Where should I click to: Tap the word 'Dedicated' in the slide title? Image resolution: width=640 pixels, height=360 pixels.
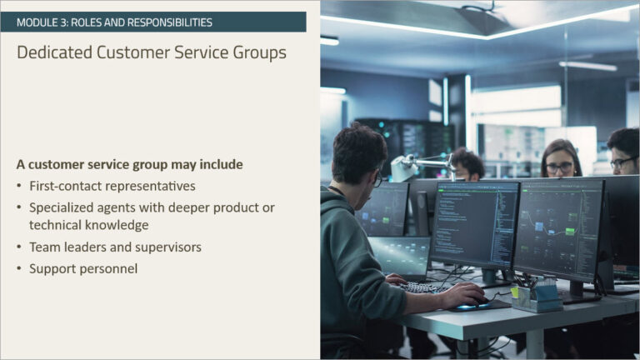tap(53, 52)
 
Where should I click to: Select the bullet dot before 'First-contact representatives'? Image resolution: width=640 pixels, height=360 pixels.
tap(19, 186)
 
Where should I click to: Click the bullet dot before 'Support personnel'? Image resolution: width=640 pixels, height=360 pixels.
tap(19, 269)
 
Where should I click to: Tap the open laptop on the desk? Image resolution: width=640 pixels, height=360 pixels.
tap(400, 257)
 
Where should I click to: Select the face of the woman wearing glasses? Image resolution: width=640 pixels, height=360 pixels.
tap(560, 164)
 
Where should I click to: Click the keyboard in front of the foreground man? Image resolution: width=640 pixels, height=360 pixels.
tap(425, 287)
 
